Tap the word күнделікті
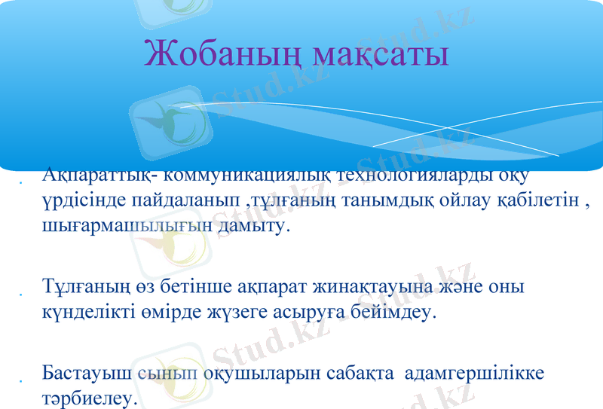[88, 311]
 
